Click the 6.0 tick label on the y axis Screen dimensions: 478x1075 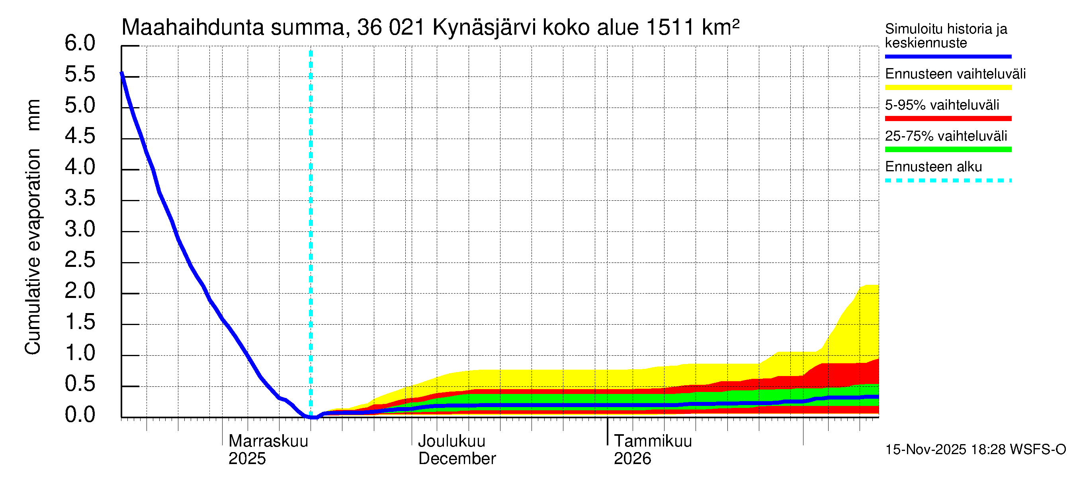(80, 43)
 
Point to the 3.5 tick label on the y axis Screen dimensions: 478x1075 (80, 198)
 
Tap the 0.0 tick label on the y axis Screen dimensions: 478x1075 (80, 415)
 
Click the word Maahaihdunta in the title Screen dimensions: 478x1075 (192, 27)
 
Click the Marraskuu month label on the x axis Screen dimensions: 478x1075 (268, 441)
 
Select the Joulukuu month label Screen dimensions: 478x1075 (451, 441)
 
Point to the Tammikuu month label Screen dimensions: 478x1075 (653, 441)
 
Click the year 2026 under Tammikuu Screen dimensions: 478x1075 (632, 459)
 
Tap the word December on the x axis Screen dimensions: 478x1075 (457, 459)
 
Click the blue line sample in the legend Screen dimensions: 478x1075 (948, 56)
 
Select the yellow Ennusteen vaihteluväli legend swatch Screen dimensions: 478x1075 (948, 88)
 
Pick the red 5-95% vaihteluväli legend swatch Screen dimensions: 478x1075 (948, 119)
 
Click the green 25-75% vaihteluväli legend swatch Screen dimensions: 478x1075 (948, 149)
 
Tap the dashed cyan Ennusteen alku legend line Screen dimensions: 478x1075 (948, 181)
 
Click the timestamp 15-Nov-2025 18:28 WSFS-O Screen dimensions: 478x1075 (975, 450)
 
